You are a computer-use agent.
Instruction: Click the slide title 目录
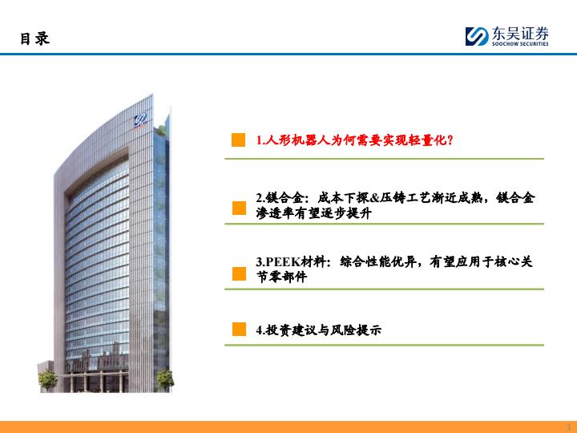click(35, 38)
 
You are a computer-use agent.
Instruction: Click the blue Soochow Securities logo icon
click(477, 36)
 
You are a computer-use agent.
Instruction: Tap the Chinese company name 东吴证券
click(520, 34)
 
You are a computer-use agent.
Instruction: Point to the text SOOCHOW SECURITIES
click(520, 44)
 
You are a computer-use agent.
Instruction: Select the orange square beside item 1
click(239, 140)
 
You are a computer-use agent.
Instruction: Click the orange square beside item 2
click(239, 208)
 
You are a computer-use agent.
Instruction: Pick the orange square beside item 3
click(239, 273)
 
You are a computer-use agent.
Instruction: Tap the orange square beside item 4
click(239, 330)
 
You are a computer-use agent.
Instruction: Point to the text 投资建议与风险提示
click(323, 330)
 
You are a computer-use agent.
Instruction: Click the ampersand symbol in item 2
click(374, 198)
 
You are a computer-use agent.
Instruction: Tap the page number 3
click(568, 428)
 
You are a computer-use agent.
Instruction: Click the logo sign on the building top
click(140, 120)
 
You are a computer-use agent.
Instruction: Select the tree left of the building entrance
click(48, 380)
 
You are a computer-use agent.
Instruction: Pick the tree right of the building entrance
click(165, 380)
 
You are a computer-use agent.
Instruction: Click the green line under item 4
click(384, 345)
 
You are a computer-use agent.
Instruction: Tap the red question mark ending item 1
click(450, 140)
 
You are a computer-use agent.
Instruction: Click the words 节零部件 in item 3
click(281, 277)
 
